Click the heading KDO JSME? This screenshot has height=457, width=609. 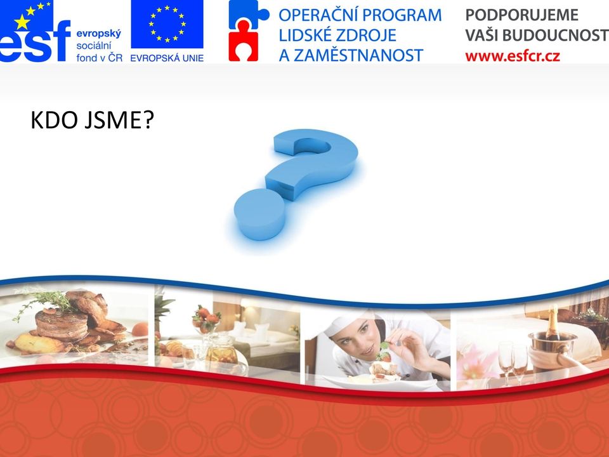93,120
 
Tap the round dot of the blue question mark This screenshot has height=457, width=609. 260,214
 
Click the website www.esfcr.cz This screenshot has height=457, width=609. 513,56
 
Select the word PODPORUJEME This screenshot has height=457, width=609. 521,15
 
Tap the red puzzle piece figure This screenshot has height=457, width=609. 243,41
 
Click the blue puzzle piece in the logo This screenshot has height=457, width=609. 248,13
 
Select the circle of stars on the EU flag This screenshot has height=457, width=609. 167,23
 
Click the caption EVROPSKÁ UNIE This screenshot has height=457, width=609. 167,58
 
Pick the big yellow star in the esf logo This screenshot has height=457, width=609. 22,23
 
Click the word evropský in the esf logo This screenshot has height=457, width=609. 99,34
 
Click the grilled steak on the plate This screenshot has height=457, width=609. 62,324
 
